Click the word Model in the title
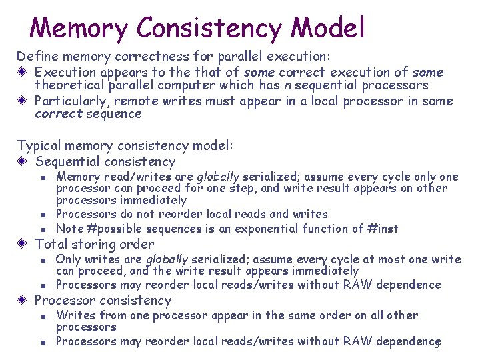pos(328,28)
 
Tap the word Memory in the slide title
pos(79,28)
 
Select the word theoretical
pos(67,85)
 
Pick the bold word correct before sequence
pos(58,114)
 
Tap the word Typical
pos(37,145)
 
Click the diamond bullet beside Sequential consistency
pos(23,161)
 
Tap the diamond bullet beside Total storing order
pos(23,244)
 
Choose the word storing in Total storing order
pos(93,244)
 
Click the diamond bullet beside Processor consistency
pos(23,300)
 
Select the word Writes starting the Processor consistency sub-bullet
pos(72,315)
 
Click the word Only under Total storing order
pos(67,259)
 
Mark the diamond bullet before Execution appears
pos(23,72)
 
